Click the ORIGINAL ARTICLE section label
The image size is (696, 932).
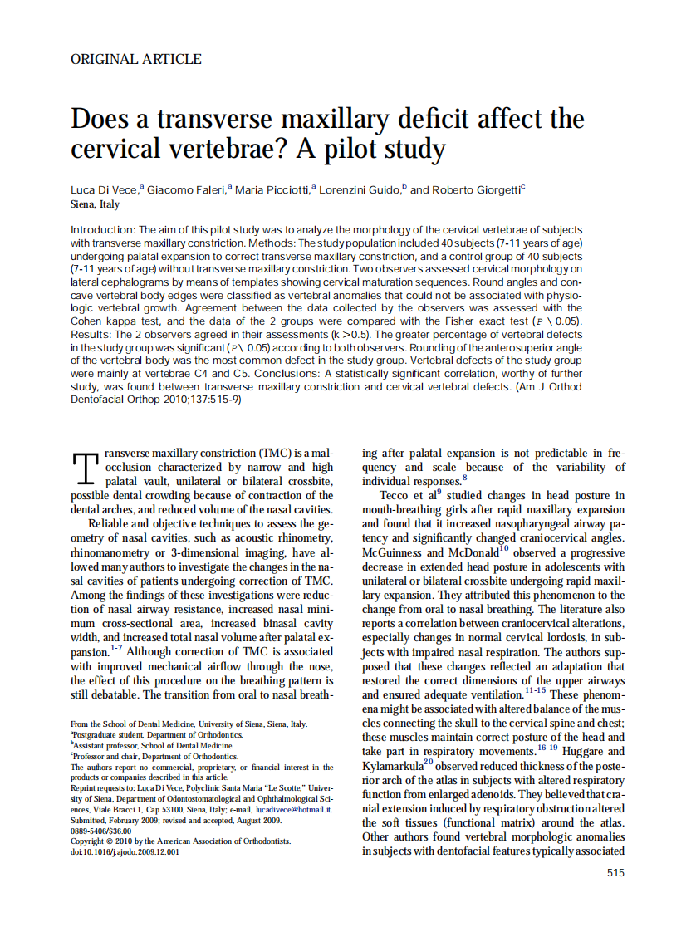(x=136, y=59)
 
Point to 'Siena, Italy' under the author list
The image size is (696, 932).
(x=96, y=204)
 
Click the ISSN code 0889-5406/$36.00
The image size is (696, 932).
(x=100, y=830)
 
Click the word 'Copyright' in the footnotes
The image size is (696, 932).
(x=91, y=841)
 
